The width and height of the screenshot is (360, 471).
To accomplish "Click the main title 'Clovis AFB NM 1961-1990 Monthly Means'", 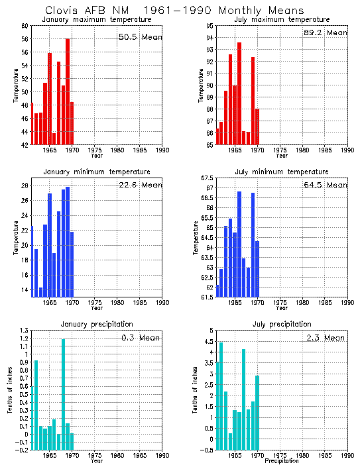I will point(174,11).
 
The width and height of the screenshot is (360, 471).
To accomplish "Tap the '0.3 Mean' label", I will point(141,338).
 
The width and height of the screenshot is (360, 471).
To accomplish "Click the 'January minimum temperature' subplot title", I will point(97,172).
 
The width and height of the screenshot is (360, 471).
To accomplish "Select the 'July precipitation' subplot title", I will point(282,324).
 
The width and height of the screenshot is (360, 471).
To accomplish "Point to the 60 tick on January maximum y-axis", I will point(24,26).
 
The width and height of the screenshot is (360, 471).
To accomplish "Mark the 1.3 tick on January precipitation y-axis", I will point(23,331).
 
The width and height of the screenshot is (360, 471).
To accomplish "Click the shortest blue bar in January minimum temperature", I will point(40,292).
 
